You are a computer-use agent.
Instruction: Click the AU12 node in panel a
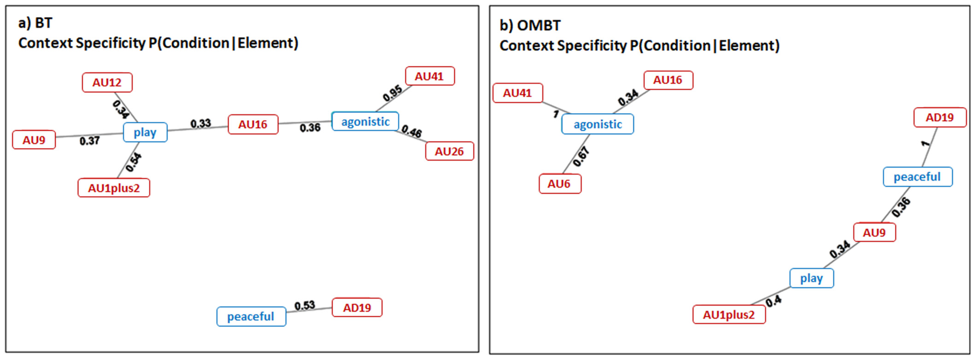tap(107, 82)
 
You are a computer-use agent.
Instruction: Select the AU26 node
tap(450, 151)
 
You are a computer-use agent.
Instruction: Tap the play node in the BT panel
tap(145, 132)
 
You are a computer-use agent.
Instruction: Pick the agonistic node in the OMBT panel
tap(598, 124)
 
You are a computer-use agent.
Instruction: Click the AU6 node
tap(560, 184)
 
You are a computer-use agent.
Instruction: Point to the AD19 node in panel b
tap(940, 117)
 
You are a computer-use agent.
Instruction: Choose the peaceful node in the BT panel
tap(251, 316)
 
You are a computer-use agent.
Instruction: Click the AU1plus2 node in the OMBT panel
tap(729, 314)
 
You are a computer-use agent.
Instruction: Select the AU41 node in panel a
tap(430, 76)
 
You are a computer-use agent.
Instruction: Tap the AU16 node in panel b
tap(668, 80)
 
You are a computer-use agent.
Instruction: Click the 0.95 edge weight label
tap(393, 93)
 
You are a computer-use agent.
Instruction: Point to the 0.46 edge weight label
tap(412, 132)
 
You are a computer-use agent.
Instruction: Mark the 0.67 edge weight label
tap(581, 157)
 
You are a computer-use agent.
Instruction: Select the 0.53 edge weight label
tap(305, 305)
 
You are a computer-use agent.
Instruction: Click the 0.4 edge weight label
tap(774, 301)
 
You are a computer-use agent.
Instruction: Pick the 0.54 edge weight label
tap(133, 162)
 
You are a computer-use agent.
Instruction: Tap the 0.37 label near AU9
tap(89, 141)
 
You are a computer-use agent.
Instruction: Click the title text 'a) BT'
tap(35, 23)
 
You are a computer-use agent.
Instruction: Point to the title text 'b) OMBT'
tap(530, 25)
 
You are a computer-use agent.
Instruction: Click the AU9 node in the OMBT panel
tap(875, 232)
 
